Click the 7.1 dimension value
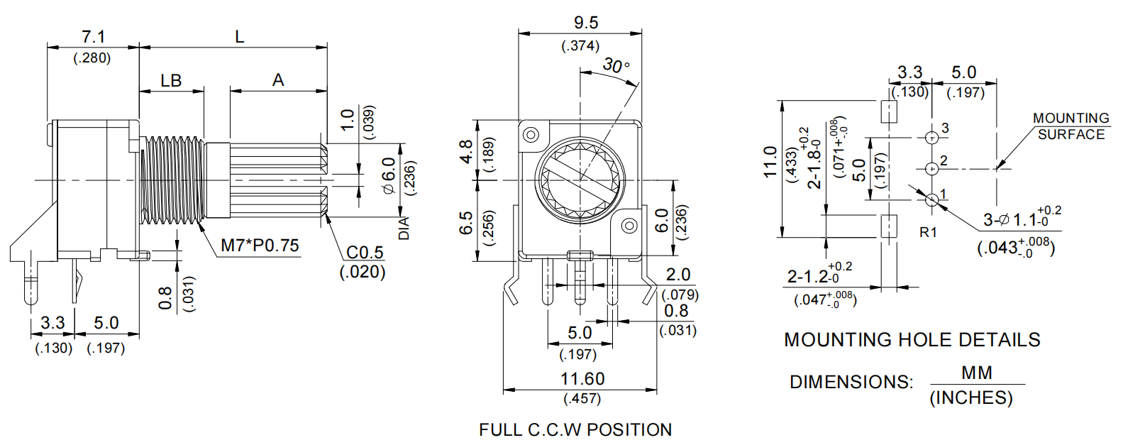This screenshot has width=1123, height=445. click(x=93, y=36)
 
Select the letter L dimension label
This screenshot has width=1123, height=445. click(x=239, y=37)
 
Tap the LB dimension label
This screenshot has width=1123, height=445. click(x=171, y=81)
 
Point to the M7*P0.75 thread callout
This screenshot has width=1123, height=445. click(x=260, y=246)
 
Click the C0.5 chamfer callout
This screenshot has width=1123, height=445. click(x=365, y=253)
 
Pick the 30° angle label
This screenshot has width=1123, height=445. click(x=616, y=66)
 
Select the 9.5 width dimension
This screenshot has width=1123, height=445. click(x=585, y=23)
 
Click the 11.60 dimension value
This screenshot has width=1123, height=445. click(x=582, y=379)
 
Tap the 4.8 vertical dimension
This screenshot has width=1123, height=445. click(x=466, y=151)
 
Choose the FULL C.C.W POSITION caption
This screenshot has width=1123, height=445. click(x=575, y=430)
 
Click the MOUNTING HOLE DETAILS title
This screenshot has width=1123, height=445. click(x=912, y=340)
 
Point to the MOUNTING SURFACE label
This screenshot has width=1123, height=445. click(x=1071, y=126)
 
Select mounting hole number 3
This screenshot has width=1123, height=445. click(x=931, y=136)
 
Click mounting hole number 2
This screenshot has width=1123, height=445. click(x=931, y=169)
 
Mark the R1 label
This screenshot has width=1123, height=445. click(x=928, y=232)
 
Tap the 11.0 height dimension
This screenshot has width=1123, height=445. click(x=770, y=162)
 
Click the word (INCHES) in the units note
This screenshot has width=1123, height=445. click(x=970, y=398)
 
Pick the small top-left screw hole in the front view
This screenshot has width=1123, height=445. click(x=531, y=134)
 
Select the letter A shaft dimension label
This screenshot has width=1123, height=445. click(x=278, y=81)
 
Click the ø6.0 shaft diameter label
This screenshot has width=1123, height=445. click(x=388, y=175)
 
